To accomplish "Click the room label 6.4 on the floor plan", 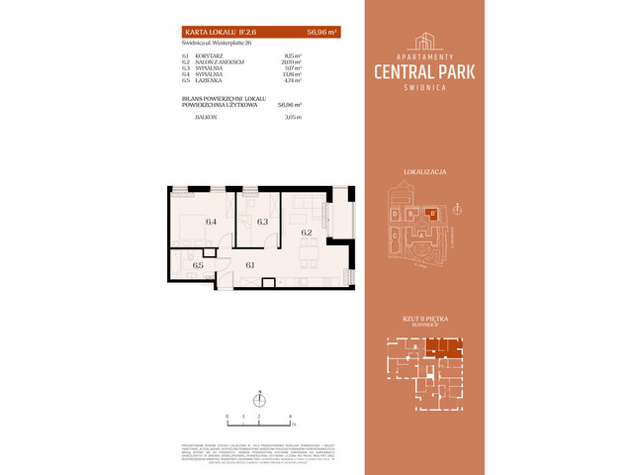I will coord(211,222).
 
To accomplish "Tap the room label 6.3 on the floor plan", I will coord(262,222).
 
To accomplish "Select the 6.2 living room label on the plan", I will coord(307,233).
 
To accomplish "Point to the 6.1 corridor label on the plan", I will coord(250,264).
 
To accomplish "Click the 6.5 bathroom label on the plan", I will coord(198,265).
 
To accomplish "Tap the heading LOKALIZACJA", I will coord(425,172).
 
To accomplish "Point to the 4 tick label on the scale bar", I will coord(289,417).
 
